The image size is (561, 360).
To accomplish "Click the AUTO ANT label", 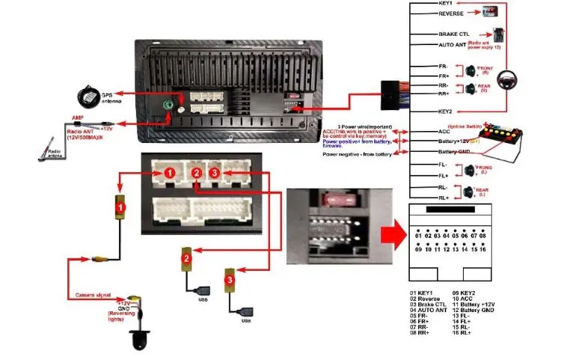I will [453, 45].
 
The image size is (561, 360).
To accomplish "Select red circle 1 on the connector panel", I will [170, 173].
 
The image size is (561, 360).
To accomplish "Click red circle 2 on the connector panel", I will [196, 173].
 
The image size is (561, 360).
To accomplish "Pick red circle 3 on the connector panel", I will [215, 173].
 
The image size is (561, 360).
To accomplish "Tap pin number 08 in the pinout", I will [483, 236].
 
